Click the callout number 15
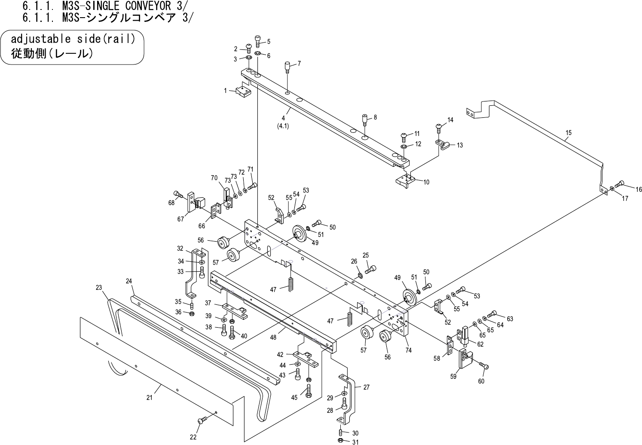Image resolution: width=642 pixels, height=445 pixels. (569, 132)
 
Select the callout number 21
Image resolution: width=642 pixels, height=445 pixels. (150, 398)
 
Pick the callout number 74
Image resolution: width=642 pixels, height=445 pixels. (408, 350)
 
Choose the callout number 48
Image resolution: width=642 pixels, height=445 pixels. (273, 338)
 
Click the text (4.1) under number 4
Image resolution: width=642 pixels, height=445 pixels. (283, 126)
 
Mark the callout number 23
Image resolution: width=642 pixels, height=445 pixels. (99, 288)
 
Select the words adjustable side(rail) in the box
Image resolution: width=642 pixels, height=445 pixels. (73, 39)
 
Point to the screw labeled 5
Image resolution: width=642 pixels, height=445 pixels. (258, 41)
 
